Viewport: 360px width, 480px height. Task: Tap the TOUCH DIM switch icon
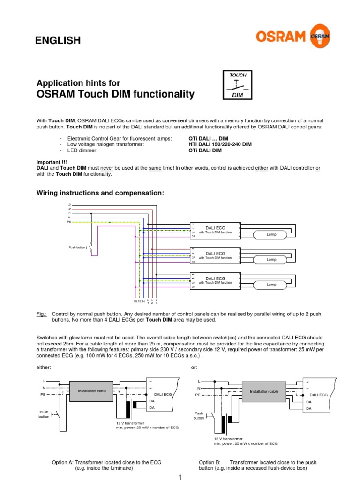point(237,84)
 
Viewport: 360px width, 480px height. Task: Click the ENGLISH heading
point(58,41)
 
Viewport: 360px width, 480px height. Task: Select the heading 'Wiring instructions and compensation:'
point(100,193)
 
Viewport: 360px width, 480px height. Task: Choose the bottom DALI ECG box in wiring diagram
point(215,281)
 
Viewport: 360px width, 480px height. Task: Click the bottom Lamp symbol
point(272,284)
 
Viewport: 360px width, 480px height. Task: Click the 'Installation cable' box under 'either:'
point(92,391)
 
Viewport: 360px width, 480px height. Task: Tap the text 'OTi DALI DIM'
point(205,150)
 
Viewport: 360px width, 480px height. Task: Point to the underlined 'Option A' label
point(62,462)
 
